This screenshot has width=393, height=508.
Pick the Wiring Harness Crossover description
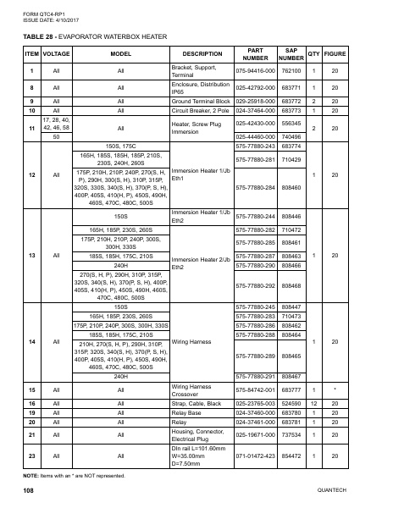point(191,389)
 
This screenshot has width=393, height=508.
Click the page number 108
point(29,490)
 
